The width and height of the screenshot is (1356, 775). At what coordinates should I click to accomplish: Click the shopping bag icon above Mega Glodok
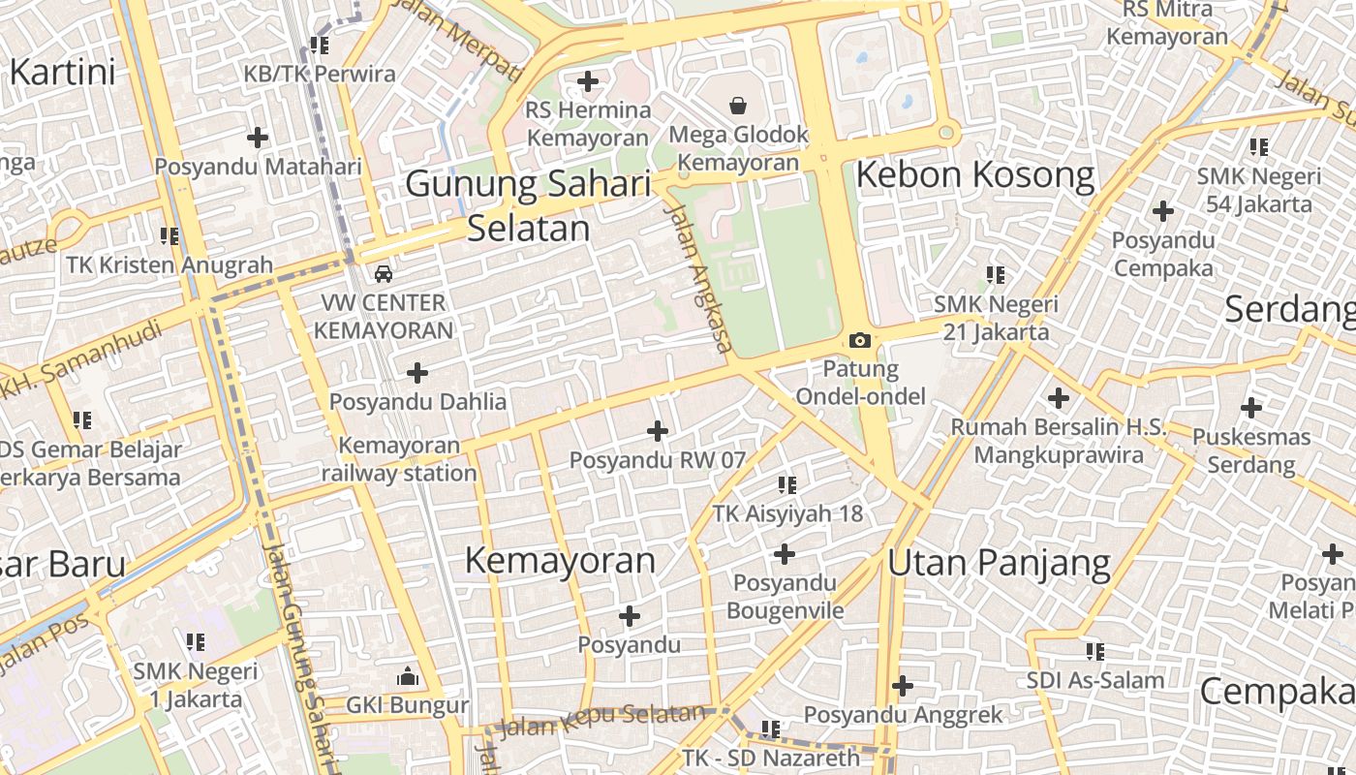pyautogui.click(x=738, y=105)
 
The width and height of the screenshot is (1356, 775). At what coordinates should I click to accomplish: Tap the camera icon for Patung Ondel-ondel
pyautogui.click(x=859, y=340)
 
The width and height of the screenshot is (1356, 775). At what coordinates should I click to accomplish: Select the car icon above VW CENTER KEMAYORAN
pyautogui.click(x=384, y=273)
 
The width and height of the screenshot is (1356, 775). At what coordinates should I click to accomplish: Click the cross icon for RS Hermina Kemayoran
pyautogui.click(x=588, y=81)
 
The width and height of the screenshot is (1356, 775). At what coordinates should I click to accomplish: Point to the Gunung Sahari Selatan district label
pyautogui.click(x=528, y=204)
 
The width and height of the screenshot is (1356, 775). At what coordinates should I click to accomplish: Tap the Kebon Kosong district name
pyautogui.click(x=974, y=175)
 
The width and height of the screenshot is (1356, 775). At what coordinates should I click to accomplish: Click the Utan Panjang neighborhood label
pyautogui.click(x=999, y=562)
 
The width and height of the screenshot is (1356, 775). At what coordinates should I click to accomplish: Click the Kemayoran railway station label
pyautogui.click(x=399, y=459)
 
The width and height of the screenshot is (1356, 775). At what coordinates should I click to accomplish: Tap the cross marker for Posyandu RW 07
pyautogui.click(x=658, y=430)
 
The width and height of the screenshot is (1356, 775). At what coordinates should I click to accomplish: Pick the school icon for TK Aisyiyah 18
pyautogui.click(x=786, y=484)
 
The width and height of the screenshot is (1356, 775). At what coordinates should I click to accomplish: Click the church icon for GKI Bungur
pyautogui.click(x=408, y=675)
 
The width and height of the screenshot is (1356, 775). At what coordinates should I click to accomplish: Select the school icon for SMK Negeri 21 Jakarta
pyautogui.click(x=995, y=275)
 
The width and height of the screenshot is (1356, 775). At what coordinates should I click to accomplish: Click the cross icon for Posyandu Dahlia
pyautogui.click(x=417, y=372)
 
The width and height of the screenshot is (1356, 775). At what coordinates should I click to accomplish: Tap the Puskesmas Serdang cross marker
pyautogui.click(x=1251, y=408)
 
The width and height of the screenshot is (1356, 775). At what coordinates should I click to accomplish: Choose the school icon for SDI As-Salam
pyautogui.click(x=1095, y=651)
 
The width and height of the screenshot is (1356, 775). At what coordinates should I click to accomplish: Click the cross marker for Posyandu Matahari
pyautogui.click(x=258, y=138)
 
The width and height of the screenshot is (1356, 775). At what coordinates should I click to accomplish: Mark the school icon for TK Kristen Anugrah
pyautogui.click(x=169, y=235)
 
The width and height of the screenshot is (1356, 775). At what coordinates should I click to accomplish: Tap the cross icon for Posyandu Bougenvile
pyautogui.click(x=785, y=554)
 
